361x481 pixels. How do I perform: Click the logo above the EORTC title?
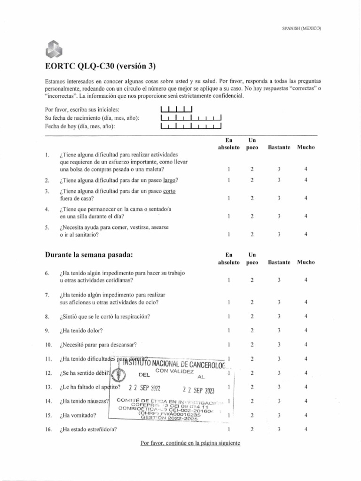pyautogui.click(x=55, y=48)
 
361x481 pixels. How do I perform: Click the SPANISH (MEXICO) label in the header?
pyautogui.click(x=301, y=28)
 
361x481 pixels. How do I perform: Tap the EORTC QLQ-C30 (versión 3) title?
pyautogui.click(x=100, y=66)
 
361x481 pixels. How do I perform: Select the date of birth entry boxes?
pyautogui.click(x=191, y=117)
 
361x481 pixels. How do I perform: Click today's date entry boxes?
pyautogui.click(x=191, y=126)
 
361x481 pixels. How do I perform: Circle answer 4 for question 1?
pyautogui.click(x=306, y=169)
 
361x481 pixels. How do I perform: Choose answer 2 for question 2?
pyautogui.click(x=252, y=180)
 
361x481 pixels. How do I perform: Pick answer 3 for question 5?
pyautogui.click(x=279, y=234)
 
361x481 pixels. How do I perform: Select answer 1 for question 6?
pyautogui.click(x=228, y=280)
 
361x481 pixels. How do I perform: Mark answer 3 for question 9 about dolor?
pyautogui.click(x=279, y=330)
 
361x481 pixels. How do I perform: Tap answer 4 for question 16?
pyautogui.click(x=306, y=429)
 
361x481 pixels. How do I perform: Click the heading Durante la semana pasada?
pyautogui.click(x=89, y=255)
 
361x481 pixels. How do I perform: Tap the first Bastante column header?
pyautogui.click(x=279, y=147)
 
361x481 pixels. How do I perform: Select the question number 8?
pyautogui.click(x=47, y=317)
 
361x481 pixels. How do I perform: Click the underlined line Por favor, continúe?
pyautogui.click(x=190, y=443)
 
